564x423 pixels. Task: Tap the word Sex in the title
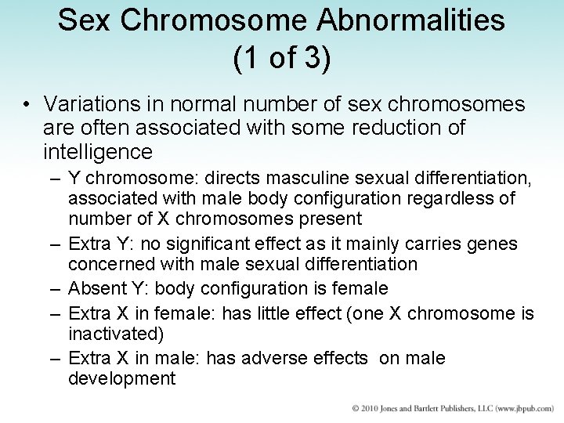pos(81,21)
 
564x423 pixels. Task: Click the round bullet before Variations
pos(27,106)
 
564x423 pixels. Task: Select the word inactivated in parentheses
pos(116,334)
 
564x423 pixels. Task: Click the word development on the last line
pos(121,379)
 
